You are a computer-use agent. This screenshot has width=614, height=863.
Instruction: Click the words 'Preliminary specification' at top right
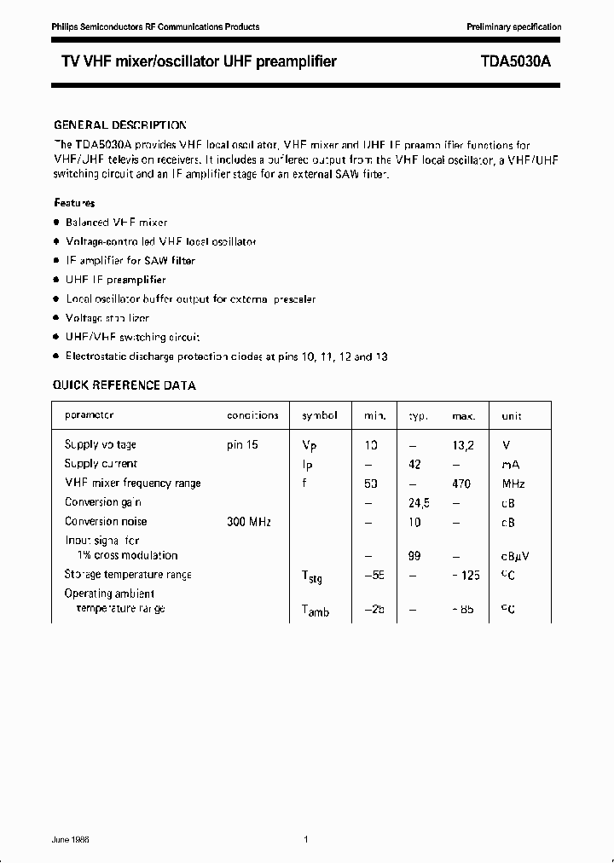coord(513,27)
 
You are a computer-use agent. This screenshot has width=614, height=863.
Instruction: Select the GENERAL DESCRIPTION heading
coord(119,125)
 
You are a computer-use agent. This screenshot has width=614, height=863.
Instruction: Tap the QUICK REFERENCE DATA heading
coord(125,385)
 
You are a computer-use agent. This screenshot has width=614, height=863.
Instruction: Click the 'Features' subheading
coord(74,203)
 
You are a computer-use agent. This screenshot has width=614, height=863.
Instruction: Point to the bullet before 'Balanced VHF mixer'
coord(56,223)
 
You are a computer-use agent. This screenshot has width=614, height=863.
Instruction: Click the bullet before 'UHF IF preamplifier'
coord(56,280)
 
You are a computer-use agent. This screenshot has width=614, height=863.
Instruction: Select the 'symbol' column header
coord(320,415)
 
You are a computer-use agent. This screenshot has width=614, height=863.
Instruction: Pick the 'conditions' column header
coord(252,415)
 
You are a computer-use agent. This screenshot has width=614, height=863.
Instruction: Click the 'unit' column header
coord(512,416)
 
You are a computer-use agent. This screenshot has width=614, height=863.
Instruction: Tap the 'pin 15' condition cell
coord(242,444)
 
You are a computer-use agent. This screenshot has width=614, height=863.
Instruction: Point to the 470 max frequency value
coord(462,483)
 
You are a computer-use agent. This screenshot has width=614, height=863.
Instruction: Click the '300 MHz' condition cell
coord(248,521)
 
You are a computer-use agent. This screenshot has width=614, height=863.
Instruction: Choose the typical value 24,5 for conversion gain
coord(419,502)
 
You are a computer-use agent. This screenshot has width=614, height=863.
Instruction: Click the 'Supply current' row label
coord(101,464)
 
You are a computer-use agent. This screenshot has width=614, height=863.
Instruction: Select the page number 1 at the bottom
coord(306,840)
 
